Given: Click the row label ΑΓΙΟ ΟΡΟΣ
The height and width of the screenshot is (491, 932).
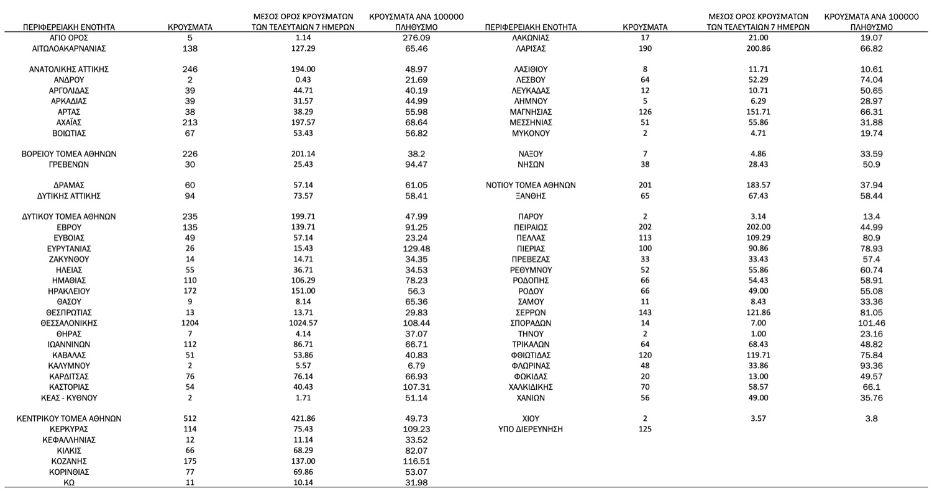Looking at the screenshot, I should click(68, 38).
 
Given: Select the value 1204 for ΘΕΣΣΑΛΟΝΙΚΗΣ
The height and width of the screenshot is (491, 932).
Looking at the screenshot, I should click(190, 323).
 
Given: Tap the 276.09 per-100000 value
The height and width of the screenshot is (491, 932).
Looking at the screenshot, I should click(416, 38).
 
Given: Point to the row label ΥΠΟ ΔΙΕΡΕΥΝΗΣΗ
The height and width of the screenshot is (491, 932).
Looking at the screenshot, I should click(530, 430).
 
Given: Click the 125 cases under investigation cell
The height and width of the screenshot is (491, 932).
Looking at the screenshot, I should click(645, 430).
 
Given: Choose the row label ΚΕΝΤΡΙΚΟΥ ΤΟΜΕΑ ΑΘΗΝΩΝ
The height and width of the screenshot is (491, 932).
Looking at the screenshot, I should click(68, 419).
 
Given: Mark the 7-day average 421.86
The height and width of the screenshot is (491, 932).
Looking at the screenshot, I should click(303, 419).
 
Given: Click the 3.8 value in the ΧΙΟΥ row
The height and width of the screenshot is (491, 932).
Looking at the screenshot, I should click(871, 419).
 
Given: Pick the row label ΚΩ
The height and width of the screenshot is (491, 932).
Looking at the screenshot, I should click(68, 483).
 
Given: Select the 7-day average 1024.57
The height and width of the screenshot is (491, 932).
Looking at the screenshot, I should click(303, 323).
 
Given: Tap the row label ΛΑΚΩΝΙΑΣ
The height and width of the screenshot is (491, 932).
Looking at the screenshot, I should click(530, 38).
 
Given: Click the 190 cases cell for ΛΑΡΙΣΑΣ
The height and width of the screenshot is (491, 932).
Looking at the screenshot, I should click(645, 48).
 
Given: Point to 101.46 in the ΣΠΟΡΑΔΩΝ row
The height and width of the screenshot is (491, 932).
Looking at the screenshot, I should click(871, 323).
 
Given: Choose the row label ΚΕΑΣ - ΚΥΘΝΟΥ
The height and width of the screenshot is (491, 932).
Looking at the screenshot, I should click(68, 398).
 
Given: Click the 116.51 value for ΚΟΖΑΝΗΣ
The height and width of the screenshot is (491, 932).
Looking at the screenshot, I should click(416, 462).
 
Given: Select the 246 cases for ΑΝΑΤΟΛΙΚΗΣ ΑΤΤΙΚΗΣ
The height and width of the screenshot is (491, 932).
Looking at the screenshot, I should click(190, 70).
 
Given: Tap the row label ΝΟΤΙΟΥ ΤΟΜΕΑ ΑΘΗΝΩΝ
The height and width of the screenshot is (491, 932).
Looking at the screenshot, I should click(530, 186).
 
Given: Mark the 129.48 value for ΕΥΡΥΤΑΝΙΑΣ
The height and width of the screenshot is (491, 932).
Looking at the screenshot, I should click(416, 249).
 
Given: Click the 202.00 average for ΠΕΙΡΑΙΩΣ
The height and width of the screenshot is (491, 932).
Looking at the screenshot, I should click(758, 228).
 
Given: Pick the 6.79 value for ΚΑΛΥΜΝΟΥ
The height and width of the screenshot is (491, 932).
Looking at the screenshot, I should click(416, 366).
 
